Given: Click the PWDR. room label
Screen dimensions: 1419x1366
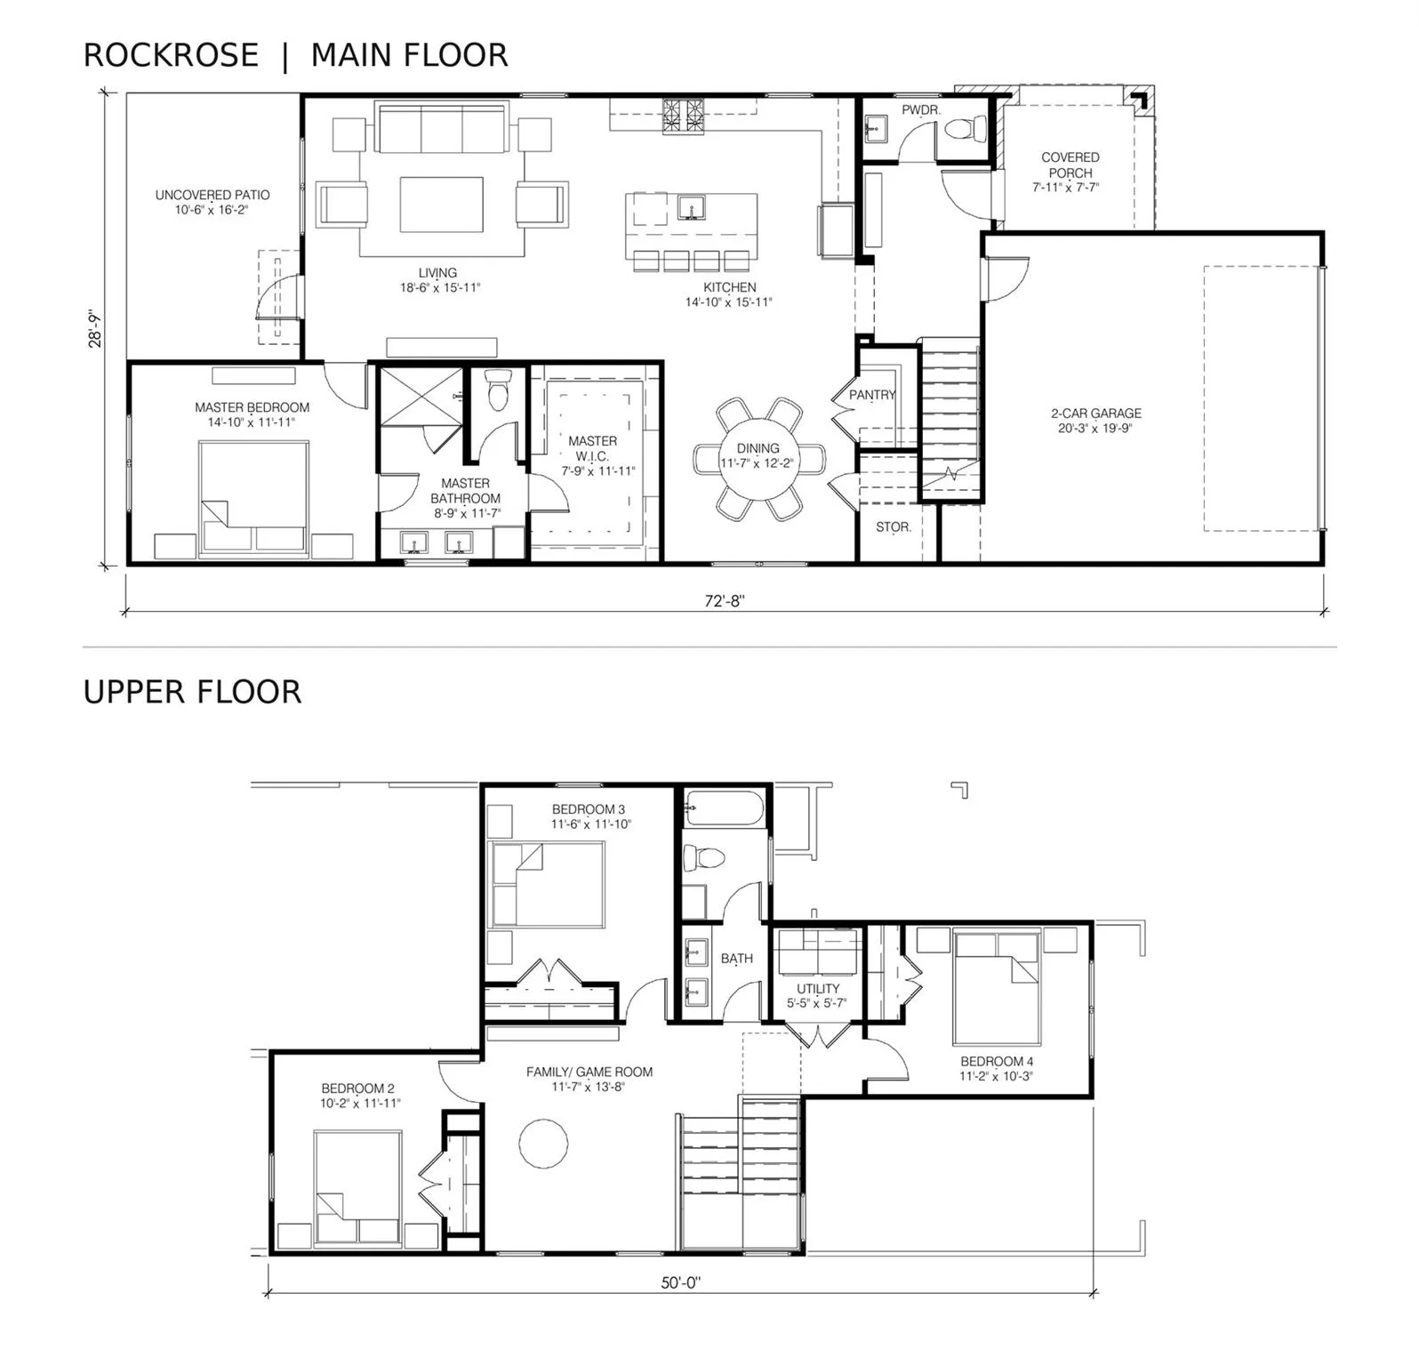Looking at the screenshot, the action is click(920, 110).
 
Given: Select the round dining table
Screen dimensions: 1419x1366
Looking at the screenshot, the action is click(758, 459).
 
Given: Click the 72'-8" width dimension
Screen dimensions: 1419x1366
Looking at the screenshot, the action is click(724, 600).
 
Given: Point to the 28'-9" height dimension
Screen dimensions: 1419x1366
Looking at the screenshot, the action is click(96, 328).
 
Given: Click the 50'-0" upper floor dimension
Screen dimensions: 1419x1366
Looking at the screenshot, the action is click(681, 1282).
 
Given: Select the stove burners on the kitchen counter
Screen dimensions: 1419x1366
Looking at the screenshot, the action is click(683, 117).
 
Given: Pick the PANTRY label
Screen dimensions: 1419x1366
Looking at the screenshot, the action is click(871, 395).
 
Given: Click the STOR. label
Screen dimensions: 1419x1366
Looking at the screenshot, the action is click(894, 527).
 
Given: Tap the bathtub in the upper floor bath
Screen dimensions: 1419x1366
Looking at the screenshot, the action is click(723, 809).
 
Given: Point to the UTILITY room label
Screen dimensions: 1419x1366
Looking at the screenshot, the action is click(818, 989).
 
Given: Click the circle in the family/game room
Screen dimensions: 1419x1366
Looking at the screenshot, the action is click(543, 1143).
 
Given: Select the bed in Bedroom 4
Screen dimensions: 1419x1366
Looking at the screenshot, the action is click(996, 988).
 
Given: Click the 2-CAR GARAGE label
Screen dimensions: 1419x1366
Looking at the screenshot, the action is click(1096, 414).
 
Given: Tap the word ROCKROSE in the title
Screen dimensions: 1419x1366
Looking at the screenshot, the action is click(171, 55).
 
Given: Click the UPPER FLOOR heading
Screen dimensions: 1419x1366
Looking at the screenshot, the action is click(192, 692).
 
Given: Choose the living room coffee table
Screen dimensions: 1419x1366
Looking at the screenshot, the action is click(442, 204).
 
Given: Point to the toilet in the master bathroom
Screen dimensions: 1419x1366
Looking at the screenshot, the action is click(498, 391).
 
